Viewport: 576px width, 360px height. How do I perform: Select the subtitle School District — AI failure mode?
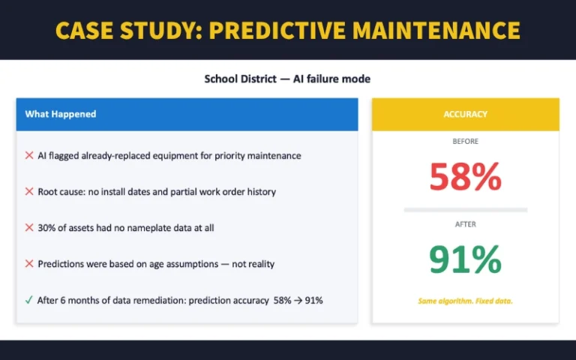point(287,79)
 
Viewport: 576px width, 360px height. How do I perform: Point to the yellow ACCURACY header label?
point(465,114)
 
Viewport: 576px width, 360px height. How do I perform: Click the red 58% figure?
point(465,177)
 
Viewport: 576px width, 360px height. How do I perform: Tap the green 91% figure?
point(465,259)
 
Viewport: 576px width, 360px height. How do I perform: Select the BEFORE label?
point(465,141)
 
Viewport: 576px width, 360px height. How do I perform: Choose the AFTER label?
point(465,223)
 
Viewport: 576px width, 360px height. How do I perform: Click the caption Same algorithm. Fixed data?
point(465,301)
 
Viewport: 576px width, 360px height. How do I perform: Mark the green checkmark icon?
point(29,300)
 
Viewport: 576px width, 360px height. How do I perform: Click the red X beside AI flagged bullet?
point(29,155)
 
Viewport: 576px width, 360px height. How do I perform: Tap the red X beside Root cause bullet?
point(29,191)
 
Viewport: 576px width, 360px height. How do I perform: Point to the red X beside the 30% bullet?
point(29,227)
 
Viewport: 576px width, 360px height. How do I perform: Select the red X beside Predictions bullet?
point(29,263)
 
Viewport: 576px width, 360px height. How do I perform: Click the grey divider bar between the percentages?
point(465,210)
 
